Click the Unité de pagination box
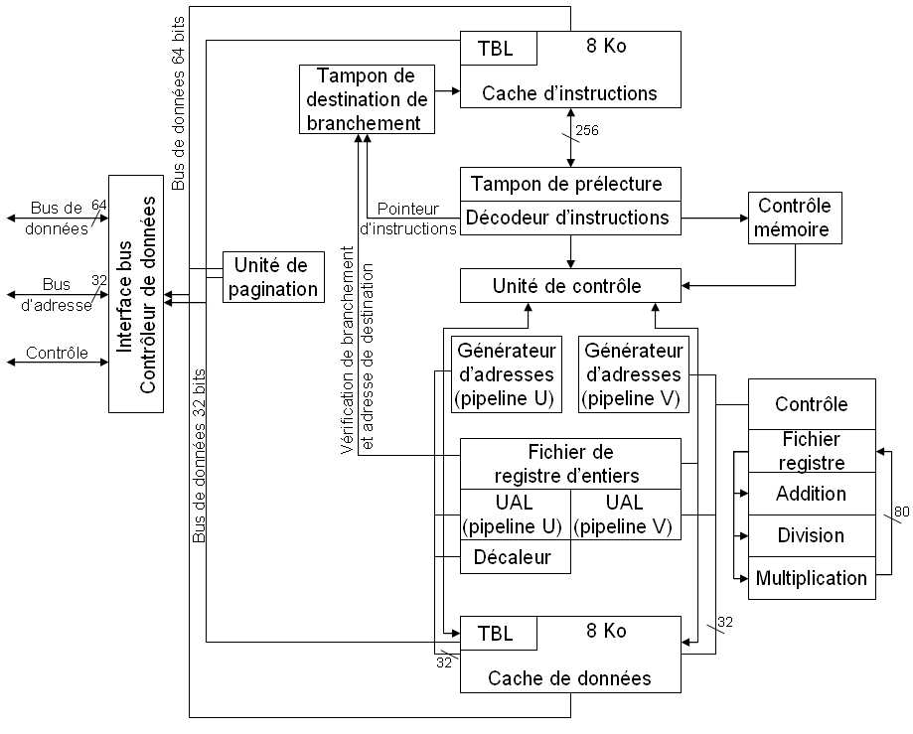click(273, 277)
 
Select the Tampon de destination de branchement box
click(367, 99)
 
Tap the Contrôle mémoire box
click(795, 219)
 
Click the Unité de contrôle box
click(570, 286)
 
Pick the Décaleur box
click(517, 556)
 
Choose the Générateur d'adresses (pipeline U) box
click(507, 375)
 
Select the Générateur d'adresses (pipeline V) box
click(634, 375)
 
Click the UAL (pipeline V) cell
click(626, 514)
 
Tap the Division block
click(811, 535)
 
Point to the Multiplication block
click(811, 578)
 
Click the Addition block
click(811, 494)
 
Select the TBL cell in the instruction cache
click(498, 48)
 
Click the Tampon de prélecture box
click(570, 185)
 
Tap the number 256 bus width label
click(587, 130)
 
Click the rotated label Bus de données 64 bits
click(179, 104)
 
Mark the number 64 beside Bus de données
click(98, 205)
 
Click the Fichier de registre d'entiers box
click(570, 464)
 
